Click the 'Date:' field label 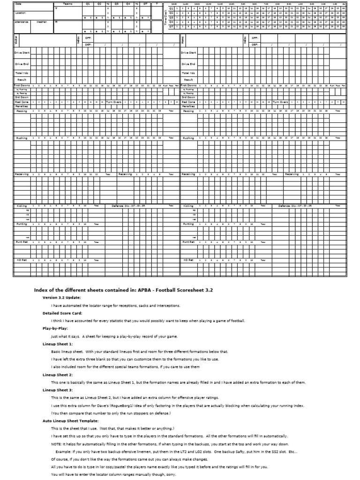click(x=19, y=4)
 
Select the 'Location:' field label click(x=20, y=14)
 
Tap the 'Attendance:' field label click(x=22, y=22)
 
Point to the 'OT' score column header click(x=145, y=4)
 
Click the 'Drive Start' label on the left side click(x=22, y=53)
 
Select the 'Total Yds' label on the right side click(x=188, y=73)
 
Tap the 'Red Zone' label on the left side click(x=22, y=102)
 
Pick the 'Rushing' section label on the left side click(x=22, y=138)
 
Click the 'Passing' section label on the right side click(x=188, y=111)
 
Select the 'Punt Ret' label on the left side click(x=22, y=242)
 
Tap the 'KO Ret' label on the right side click(x=188, y=259)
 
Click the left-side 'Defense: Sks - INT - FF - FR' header click(x=127, y=205)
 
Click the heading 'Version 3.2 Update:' click(x=61, y=297)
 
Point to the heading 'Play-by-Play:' click(x=56, y=328)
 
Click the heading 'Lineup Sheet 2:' click(x=58, y=375)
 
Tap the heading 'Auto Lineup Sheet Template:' click(x=68, y=420)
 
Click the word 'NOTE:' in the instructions click(x=56, y=443)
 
